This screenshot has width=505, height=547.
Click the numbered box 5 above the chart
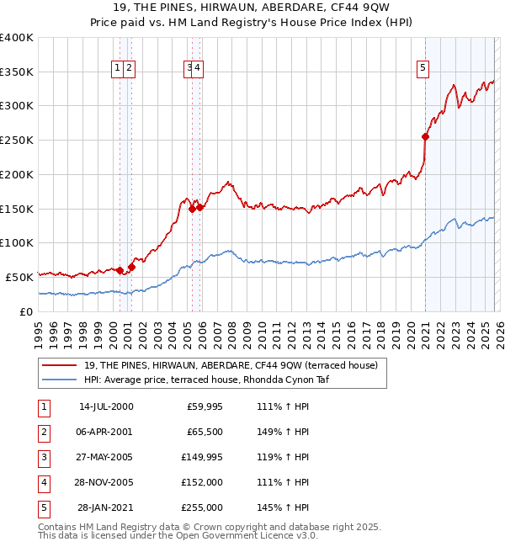[x=422, y=70]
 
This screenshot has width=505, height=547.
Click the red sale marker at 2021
[x=426, y=136]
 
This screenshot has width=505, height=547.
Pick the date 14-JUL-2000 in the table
[x=105, y=406]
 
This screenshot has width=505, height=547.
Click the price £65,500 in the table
[x=203, y=432]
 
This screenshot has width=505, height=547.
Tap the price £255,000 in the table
[x=202, y=507]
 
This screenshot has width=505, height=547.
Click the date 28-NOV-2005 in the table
[x=105, y=482]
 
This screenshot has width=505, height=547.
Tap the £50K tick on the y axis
[x=19, y=277]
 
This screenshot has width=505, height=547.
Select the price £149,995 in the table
[x=202, y=457]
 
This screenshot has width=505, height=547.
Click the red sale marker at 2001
[x=131, y=266]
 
